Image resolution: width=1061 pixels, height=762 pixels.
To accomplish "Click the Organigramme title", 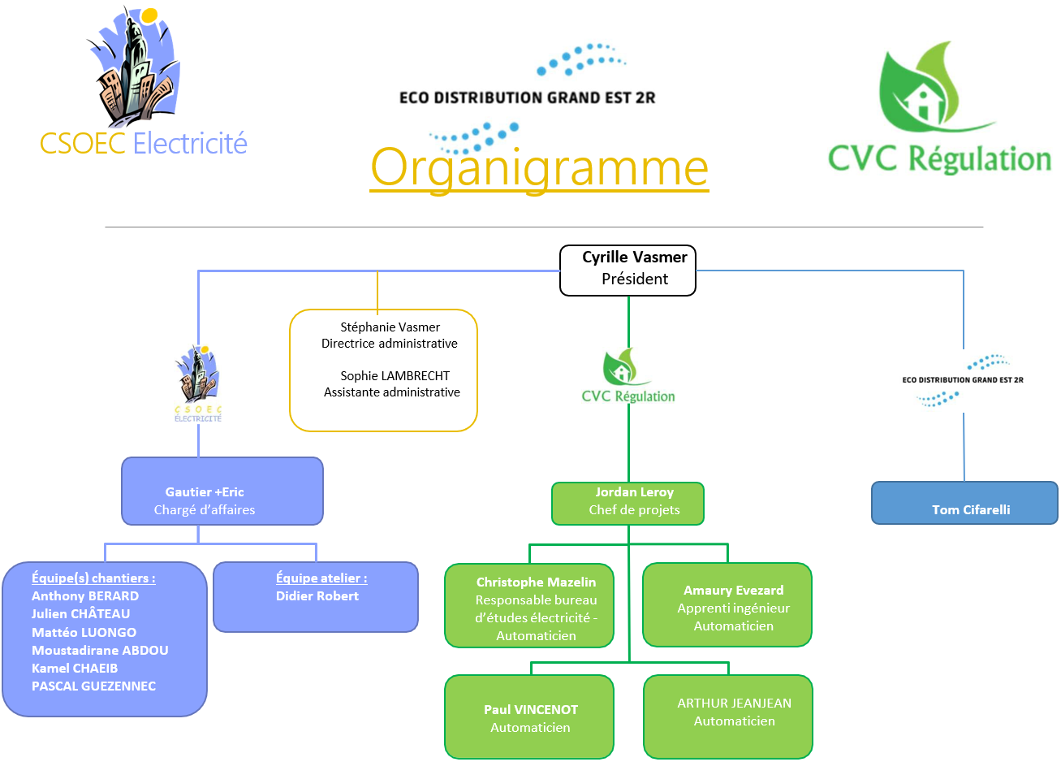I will [539, 167].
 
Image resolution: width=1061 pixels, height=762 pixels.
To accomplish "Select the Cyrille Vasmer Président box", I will [628, 270].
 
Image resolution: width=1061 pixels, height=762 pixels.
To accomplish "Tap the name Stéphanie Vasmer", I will [390, 327].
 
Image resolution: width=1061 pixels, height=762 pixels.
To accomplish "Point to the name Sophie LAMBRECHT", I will [395, 375].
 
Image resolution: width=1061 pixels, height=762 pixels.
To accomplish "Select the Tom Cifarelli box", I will [964, 503].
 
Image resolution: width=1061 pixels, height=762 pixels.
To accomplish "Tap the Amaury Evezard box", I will [727, 605].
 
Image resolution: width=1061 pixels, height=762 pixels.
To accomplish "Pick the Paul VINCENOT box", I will [529, 717].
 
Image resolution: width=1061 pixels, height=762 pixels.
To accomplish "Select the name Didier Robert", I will [317, 595].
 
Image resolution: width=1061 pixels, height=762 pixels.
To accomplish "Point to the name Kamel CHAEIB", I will [75, 668].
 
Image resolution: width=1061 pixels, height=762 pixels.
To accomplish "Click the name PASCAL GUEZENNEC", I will [93, 686].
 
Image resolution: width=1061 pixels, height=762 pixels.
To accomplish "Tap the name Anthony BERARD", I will [85, 595].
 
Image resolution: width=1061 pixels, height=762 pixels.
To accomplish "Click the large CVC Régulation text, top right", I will [939, 158].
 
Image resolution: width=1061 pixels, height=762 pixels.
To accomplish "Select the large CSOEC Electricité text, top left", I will [144, 143].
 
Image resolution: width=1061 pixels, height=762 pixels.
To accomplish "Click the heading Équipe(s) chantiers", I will [93, 578].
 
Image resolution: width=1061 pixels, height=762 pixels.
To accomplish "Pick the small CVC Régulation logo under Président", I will [628, 377].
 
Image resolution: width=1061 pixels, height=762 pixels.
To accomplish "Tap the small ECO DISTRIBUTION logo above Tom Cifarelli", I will [963, 380].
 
